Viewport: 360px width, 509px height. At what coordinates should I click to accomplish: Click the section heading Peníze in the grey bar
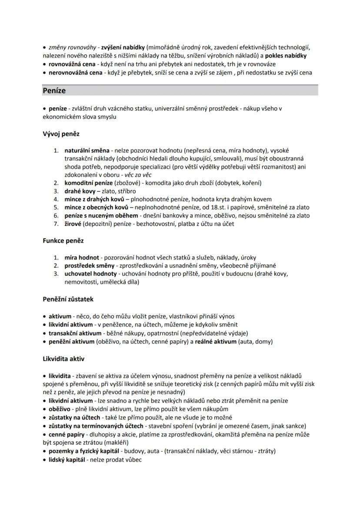point(54,91)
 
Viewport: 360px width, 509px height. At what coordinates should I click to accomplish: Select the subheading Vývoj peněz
point(60,134)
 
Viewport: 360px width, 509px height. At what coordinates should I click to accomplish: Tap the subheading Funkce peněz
point(63,240)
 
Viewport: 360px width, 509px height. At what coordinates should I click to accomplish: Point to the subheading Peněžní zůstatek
point(68,299)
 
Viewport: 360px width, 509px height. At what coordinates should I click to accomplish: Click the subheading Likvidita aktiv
point(63,359)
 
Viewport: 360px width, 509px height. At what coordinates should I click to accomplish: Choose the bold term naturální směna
point(87,150)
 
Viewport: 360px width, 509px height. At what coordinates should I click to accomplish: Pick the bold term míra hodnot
point(82,257)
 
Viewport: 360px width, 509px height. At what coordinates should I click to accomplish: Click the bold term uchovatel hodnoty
point(90,274)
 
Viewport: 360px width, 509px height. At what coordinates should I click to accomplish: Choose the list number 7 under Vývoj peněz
point(56,224)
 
